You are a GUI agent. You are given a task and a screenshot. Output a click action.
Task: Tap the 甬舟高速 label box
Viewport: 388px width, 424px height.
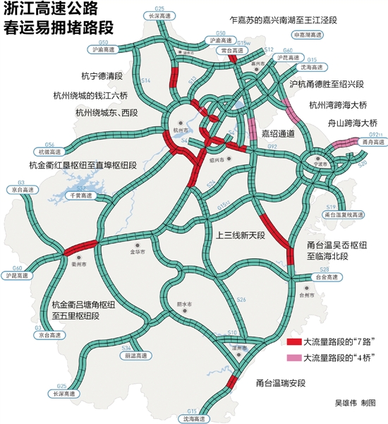371,143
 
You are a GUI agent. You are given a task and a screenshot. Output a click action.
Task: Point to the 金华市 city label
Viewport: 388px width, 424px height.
137,251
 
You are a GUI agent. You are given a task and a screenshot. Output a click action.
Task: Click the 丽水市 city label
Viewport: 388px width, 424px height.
186,304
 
